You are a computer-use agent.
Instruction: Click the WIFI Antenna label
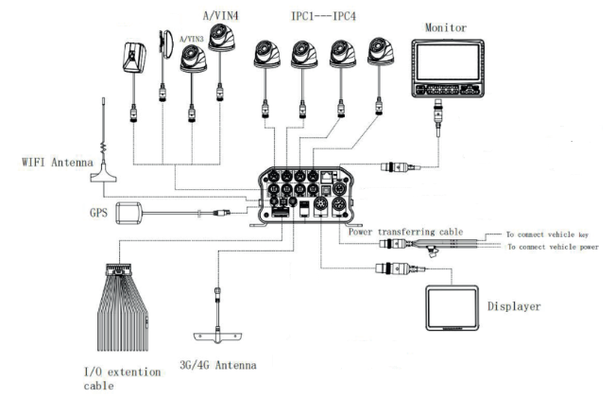point(58,162)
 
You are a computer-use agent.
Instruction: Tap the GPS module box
point(128,213)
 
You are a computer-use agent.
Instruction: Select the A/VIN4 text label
point(220,15)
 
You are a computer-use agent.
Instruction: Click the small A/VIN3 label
point(192,40)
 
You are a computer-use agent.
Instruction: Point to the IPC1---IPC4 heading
point(323,16)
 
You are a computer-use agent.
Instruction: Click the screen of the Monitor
point(448,62)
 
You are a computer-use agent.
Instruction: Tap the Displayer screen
point(453,307)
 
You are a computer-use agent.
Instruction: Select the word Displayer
point(514,306)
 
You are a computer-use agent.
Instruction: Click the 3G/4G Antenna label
point(218,365)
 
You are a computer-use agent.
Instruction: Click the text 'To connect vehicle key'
point(547,234)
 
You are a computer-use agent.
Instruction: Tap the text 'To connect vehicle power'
point(553,247)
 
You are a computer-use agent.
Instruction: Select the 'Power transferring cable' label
point(405,232)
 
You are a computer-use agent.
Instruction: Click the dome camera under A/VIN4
point(222,37)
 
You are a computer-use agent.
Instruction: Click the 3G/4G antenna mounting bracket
point(218,337)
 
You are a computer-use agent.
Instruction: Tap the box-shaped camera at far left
point(134,58)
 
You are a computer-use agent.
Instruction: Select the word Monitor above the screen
point(446,27)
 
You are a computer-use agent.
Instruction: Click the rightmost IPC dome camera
point(381,51)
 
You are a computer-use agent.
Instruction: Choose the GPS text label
point(98,213)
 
